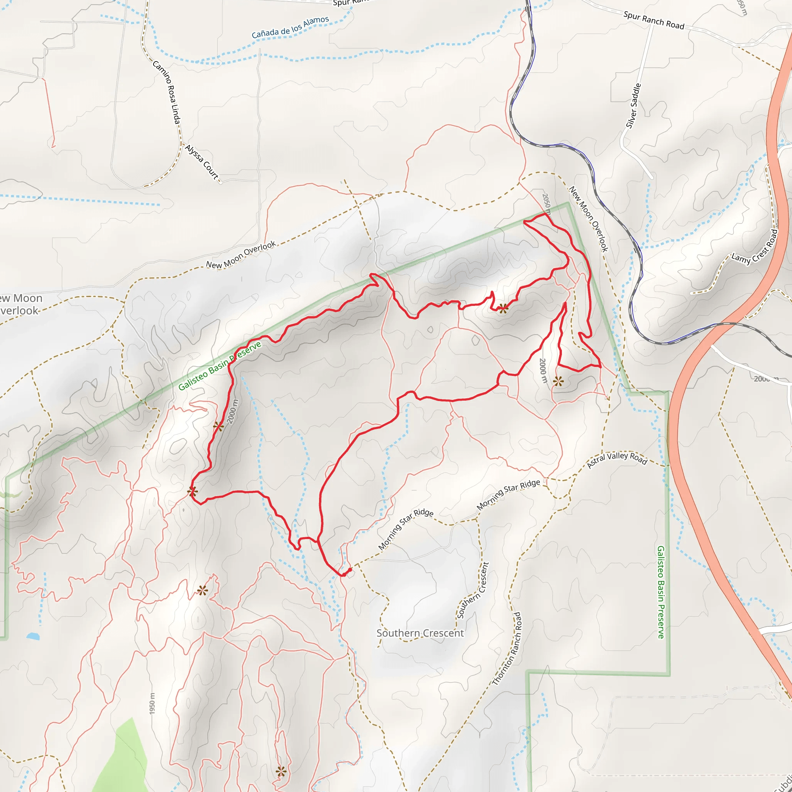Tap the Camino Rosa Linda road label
(x=166, y=92)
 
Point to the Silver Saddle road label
(x=633, y=106)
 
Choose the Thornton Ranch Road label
(x=507, y=649)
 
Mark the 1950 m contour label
(x=152, y=703)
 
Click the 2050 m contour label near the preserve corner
(x=546, y=204)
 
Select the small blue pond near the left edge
(x=33, y=636)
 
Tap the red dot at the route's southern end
(x=350, y=570)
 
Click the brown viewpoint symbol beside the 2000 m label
(x=218, y=426)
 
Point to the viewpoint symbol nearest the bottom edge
(x=281, y=772)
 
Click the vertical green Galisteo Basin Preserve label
(x=661, y=592)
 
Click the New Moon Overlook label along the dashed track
(x=241, y=255)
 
